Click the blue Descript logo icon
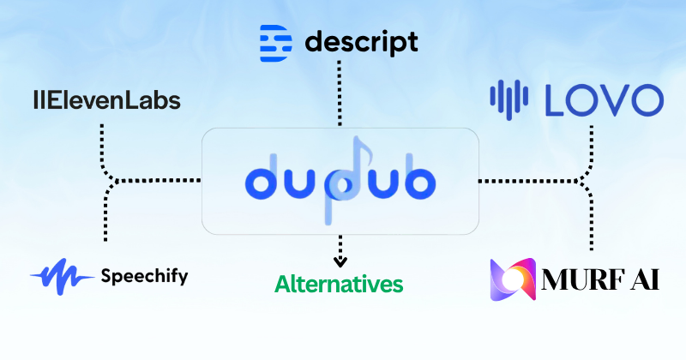(275, 43)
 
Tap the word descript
(361, 43)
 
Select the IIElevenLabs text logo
(107, 100)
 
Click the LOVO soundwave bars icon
(508, 99)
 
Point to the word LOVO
(605, 100)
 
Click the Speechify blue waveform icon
(62, 277)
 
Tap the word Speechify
(144, 277)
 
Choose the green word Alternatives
(339, 284)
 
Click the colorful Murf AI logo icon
(513, 279)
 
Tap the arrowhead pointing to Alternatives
(340, 261)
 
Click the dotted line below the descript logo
(339, 93)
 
